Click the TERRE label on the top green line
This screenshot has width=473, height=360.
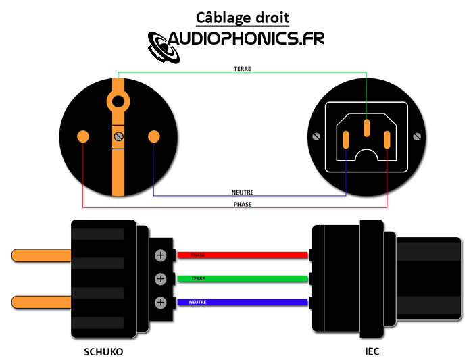pos(243,69)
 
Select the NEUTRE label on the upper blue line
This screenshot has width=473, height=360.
pos(242,192)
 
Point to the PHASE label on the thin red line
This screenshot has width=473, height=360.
pos(242,203)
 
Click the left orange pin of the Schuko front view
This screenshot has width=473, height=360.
pos(83,136)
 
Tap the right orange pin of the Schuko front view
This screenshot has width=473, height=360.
pos(153,136)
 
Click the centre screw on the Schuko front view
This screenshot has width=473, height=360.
pos(119,137)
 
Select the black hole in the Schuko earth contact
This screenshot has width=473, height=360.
pos(119,101)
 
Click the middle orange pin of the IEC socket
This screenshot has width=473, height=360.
pos(366,128)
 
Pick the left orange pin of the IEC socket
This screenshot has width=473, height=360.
pos(346,140)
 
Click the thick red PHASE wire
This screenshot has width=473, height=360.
pos(243,255)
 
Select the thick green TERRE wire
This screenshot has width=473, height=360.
pos(243,278)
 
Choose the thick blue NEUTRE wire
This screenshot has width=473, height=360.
pos(243,302)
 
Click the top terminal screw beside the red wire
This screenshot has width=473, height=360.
pos(161,255)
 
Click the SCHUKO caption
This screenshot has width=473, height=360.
pos(103,351)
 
